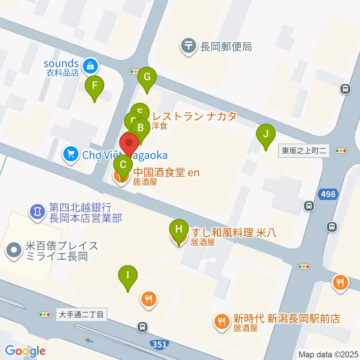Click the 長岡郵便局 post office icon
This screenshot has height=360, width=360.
(x=188, y=46)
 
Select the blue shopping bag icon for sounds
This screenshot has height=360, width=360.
(x=90, y=66)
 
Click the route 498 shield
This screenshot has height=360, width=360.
(x=328, y=194)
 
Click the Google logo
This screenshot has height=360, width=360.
(x=25, y=351)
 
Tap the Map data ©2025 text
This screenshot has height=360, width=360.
(x=328, y=354)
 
